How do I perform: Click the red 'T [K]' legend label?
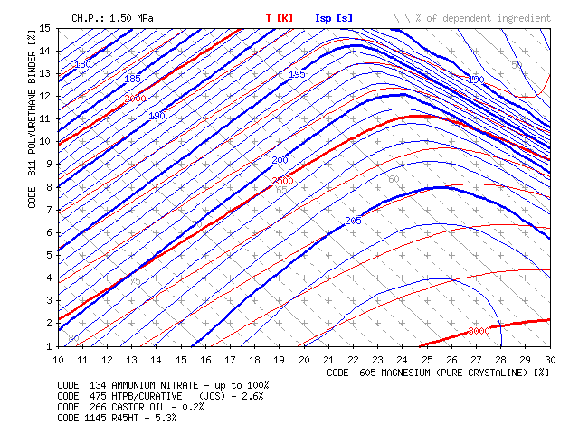pos(280,17)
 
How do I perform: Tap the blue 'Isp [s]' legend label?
pos(334,17)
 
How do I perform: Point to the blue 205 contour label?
pos(354,221)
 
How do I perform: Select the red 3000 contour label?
pos(479,332)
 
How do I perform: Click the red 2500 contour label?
pos(283,182)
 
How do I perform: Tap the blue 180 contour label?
pos(83,64)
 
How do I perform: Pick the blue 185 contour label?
pos(133,80)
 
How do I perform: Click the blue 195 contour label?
pos(298,74)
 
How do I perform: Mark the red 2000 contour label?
pos(135,99)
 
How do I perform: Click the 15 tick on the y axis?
pos(44,29)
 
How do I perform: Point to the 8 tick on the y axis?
pos(47,187)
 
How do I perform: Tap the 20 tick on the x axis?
pos(304,360)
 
